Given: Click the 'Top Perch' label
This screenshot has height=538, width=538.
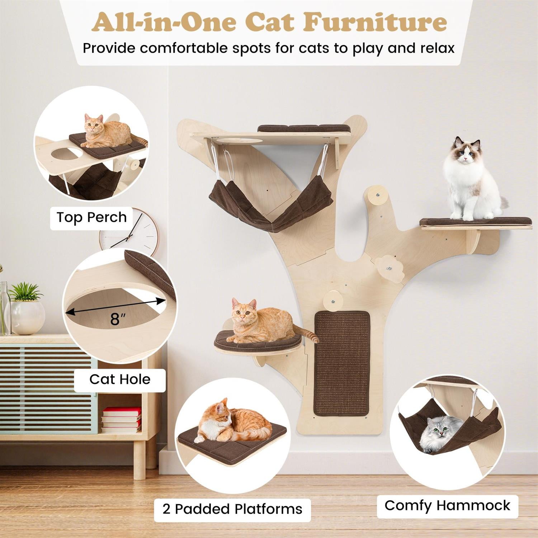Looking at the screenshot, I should coord(91,217).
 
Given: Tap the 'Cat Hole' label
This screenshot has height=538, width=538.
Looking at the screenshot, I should coord(120,379).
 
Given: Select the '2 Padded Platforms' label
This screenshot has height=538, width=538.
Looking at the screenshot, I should coord(232,509).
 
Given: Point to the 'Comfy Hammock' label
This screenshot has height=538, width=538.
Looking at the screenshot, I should coord(447,505).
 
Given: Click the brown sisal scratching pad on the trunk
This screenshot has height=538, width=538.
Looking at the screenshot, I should coord(342,363).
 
